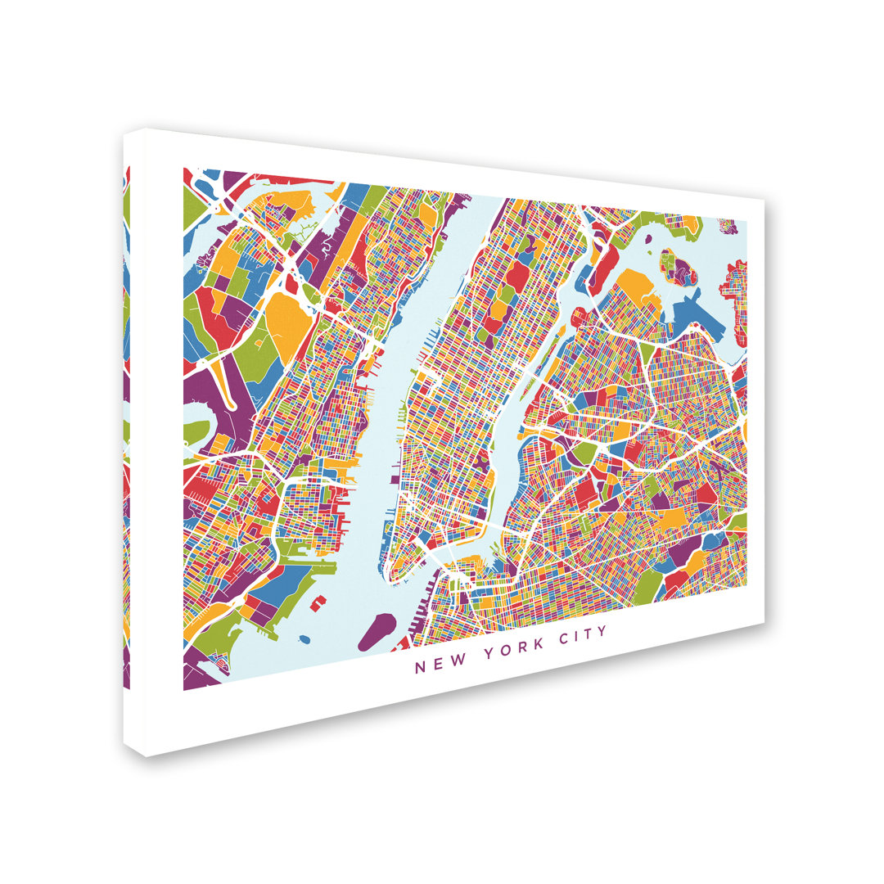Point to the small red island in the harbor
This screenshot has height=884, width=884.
(x=318, y=603)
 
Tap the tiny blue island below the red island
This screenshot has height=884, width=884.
(x=305, y=638)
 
